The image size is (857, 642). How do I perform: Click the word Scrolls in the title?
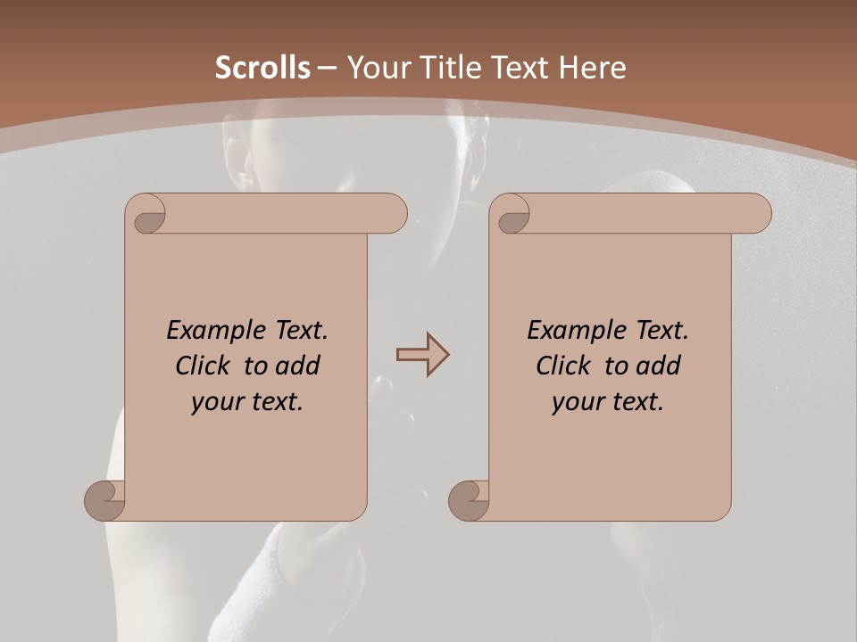coord(262,68)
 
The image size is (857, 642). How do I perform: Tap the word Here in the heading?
coord(590,68)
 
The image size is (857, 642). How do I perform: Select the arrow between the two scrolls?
coord(422,355)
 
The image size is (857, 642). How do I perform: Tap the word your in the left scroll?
coord(217,402)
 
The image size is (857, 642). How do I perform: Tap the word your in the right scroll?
coord(578,402)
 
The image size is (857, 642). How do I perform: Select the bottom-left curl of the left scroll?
coord(105,500)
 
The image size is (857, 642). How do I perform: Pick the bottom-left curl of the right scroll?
coord(470,500)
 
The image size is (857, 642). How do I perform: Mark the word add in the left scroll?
coord(298,366)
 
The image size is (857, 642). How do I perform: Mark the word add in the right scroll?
coord(659,366)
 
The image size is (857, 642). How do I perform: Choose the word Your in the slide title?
coord(376,68)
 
